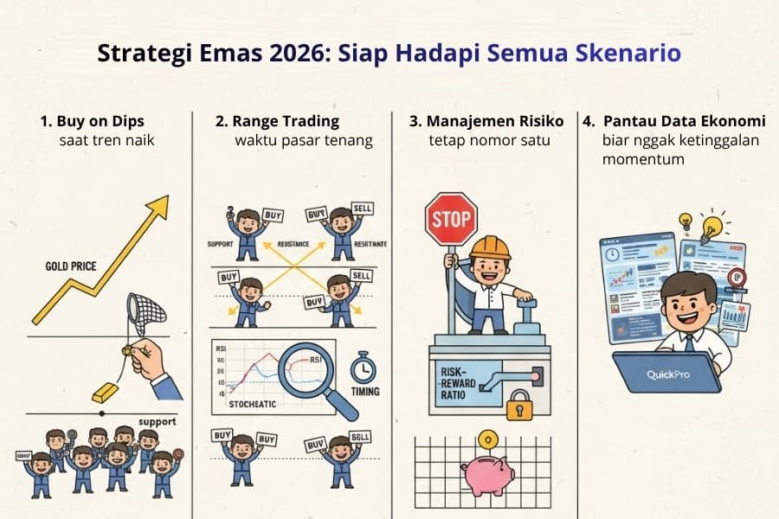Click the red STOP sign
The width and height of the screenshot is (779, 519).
coord(451,220)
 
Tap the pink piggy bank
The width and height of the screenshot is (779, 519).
coord(488,475)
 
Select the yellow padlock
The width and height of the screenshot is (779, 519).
coord(520,405)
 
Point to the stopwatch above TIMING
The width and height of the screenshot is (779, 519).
coord(364,368)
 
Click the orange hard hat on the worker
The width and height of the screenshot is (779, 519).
coord(490,247)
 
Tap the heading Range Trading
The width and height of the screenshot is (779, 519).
coord(277,121)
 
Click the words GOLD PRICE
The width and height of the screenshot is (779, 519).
coord(69,266)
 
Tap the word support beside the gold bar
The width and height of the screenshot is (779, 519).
coord(156,422)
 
